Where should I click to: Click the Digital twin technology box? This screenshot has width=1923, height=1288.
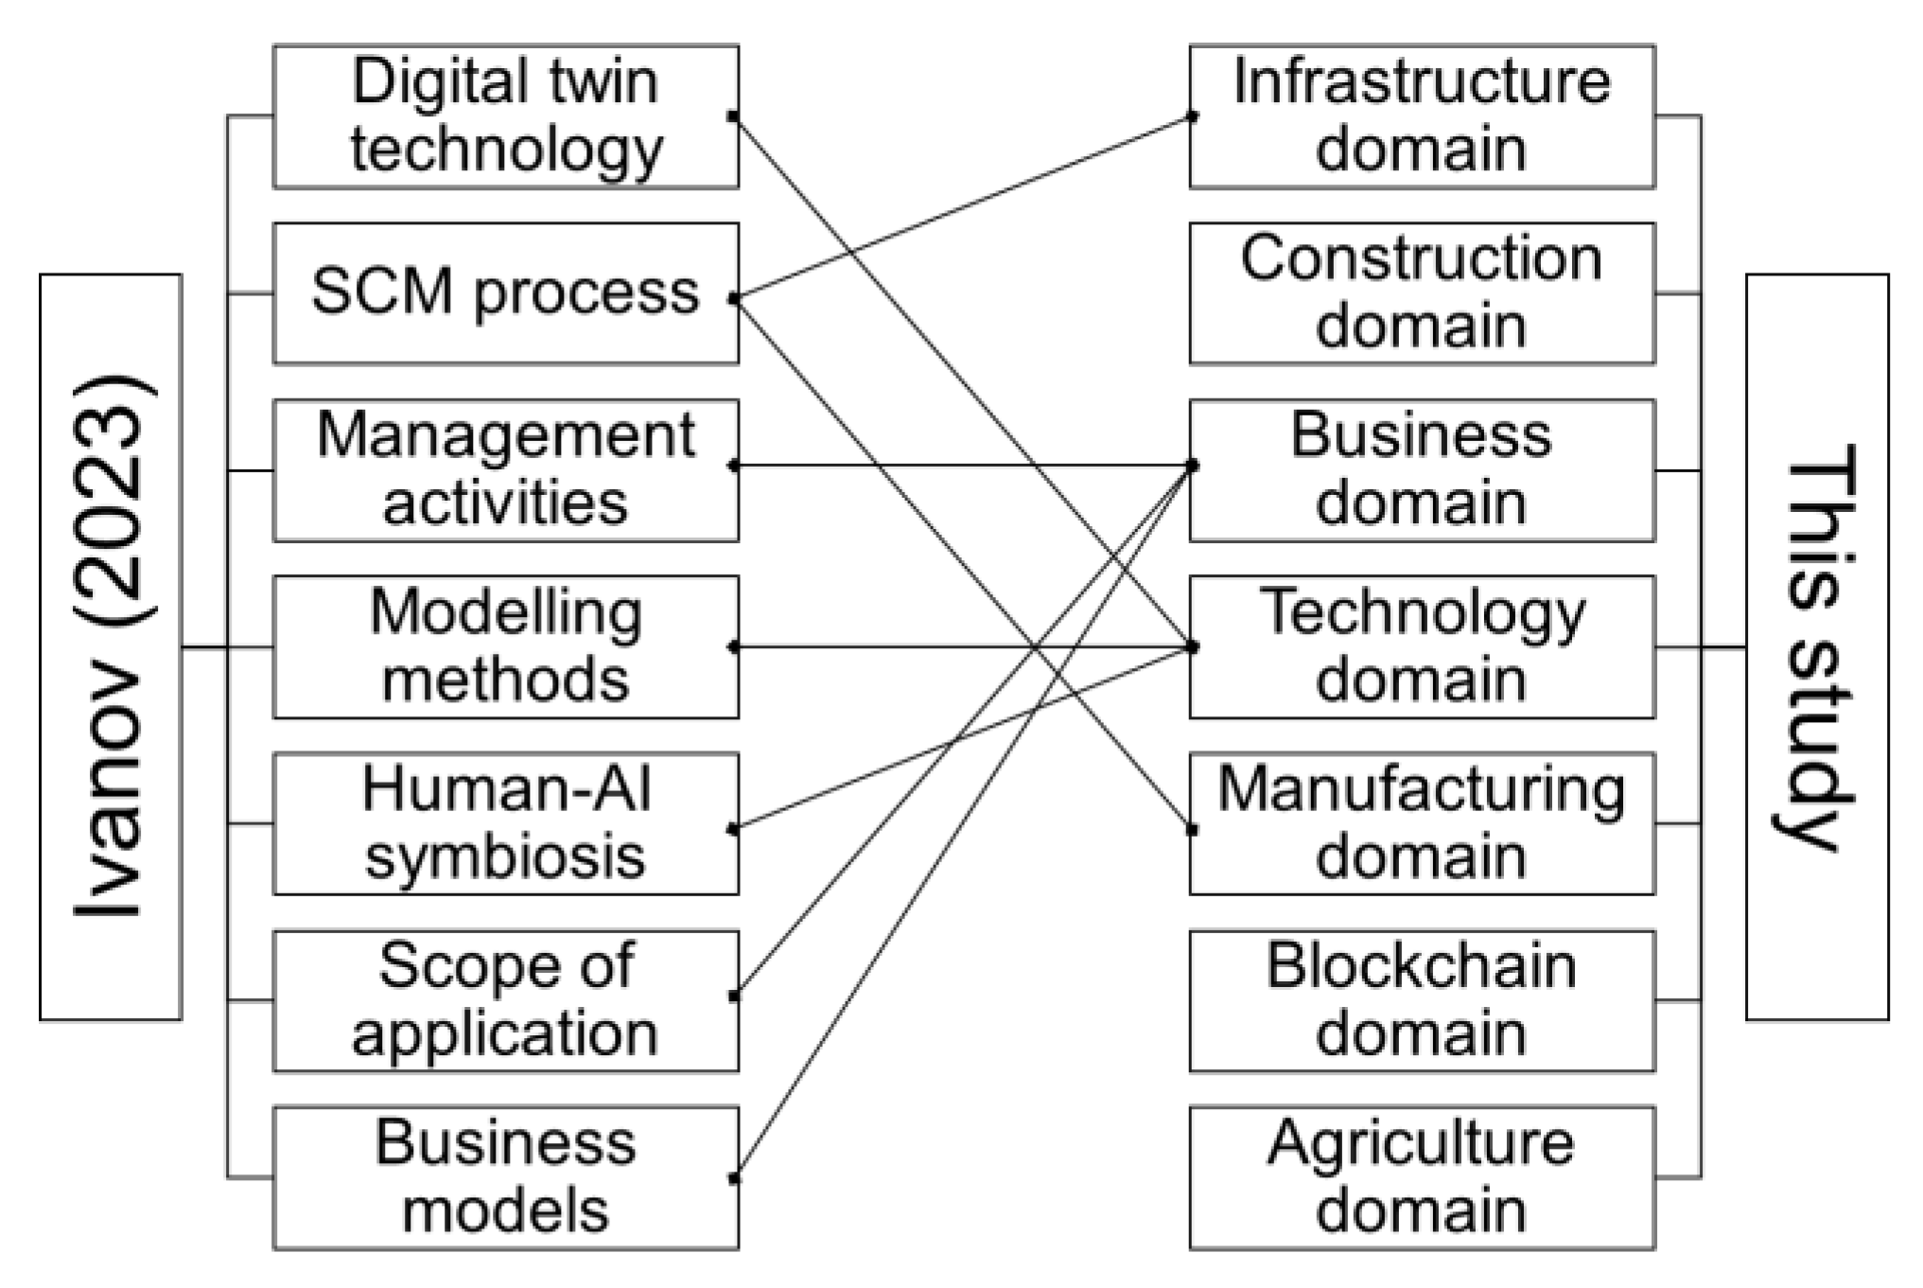point(505,115)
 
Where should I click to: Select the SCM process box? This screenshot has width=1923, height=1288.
point(505,292)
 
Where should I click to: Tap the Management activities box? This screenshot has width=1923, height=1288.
point(505,469)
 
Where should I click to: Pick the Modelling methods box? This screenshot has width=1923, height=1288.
point(505,646)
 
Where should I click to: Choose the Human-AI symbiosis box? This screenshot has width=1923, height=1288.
point(505,823)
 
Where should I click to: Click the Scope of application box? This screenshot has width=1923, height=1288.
point(505,1000)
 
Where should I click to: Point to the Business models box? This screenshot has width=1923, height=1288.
point(505,1177)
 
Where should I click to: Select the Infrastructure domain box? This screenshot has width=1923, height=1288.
point(1422,115)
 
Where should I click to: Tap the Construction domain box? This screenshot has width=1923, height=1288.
point(1422,292)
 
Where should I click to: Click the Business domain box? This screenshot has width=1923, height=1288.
point(1422,469)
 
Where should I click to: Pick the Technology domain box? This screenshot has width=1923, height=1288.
point(1422,646)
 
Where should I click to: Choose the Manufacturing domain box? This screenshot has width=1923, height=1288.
point(1422,823)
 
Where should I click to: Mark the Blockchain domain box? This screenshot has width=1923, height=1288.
point(1422,1000)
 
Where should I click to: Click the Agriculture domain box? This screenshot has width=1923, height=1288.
point(1422,1177)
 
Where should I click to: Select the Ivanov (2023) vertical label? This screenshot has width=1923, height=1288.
point(110,646)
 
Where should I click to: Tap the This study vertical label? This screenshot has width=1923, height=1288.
point(1816,646)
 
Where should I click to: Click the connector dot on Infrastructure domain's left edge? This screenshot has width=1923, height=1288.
point(1192,116)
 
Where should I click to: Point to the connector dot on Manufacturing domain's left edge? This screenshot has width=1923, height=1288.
point(1192,830)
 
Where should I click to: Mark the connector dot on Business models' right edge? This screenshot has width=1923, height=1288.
point(734,1178)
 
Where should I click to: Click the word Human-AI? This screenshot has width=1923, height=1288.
point(507,790)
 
